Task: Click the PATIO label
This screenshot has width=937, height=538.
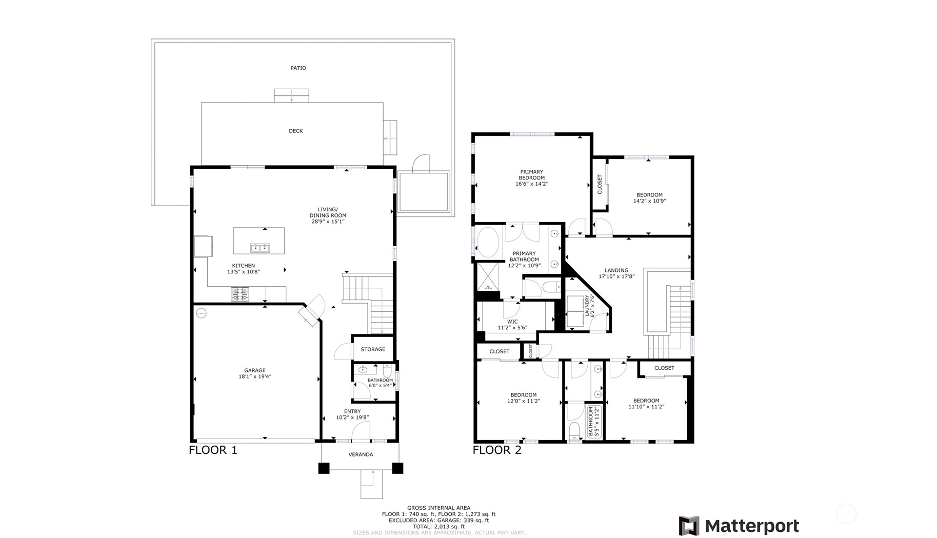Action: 298,68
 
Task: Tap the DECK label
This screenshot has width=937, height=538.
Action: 295,131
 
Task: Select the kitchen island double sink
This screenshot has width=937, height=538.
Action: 260,248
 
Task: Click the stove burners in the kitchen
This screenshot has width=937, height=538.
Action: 240,294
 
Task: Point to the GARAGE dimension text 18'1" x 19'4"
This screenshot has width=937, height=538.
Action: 255,376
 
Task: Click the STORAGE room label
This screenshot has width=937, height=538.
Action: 373,349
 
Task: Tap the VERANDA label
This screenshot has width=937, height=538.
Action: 361,454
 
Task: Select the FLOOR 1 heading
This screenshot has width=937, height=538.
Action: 213,450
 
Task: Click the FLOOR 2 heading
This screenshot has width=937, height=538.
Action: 496,450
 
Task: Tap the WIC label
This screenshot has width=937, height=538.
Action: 512,322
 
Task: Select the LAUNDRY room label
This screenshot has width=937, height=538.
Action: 587,306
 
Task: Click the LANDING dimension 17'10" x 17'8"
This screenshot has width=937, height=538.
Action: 616,276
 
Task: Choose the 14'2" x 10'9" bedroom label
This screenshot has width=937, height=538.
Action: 649,198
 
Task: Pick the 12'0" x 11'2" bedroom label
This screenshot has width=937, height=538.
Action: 523,398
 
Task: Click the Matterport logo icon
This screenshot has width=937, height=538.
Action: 689,526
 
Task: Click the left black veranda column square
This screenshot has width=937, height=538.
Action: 324,468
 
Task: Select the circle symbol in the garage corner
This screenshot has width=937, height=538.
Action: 201,312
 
